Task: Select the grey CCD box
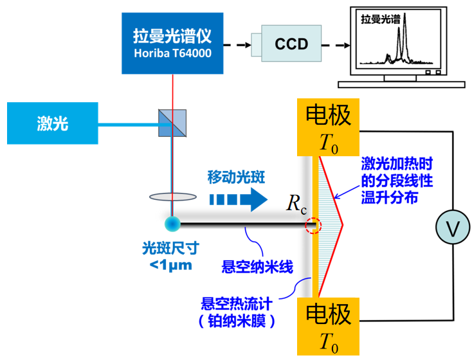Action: (x=291, y=44)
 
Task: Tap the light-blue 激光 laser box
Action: (x=52, y=123)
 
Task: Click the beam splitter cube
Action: (x=172, y=122)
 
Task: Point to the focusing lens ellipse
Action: (x=172, y=197)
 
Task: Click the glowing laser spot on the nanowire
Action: (x=172, y=224)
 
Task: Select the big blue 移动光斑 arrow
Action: (x=237, y=199)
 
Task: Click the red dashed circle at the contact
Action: (x=313, y=226)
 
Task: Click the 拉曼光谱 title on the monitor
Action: (x=381, y=20)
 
